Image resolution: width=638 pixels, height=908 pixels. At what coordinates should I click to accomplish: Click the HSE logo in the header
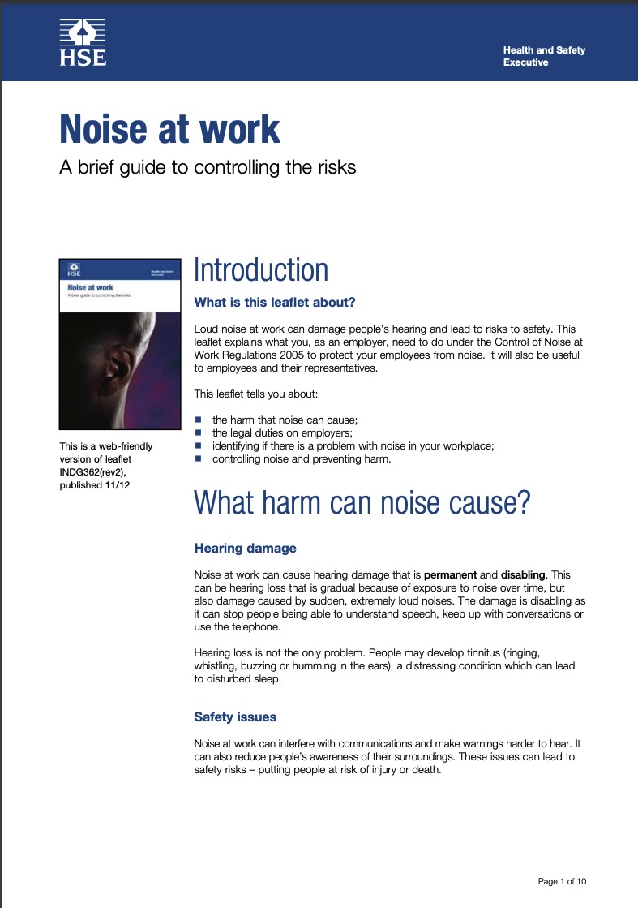[x=82, y=43]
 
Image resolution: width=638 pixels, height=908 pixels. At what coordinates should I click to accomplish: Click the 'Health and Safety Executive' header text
[x=544, y=56]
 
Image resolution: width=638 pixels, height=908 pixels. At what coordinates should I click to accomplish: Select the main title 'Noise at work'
[x=169, y=129]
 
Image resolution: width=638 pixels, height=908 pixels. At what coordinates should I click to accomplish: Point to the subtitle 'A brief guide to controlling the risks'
[x=208, y=168]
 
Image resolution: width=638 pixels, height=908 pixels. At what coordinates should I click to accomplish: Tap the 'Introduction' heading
[x=261, y=270]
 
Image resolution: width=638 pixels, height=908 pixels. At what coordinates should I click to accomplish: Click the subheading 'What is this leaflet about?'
[x=275, y=303]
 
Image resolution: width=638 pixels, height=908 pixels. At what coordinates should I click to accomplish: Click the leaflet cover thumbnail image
[x=119, y=344]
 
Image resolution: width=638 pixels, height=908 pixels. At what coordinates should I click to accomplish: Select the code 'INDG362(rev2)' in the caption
[x=93, y=474]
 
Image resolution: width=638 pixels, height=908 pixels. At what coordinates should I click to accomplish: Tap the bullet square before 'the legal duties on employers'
[x=198, y=432]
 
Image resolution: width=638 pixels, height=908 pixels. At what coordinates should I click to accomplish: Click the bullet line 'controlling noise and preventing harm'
[x=302, y=458]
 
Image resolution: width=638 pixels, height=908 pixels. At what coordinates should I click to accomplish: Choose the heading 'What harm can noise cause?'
[x=362, y=503]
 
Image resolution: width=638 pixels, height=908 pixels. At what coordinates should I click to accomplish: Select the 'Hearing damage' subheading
[x=245, y=548]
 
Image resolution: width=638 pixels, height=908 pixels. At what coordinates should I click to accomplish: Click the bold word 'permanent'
[x=451, y=574]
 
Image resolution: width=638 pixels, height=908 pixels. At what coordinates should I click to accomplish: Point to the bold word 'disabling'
[x=524, y=574]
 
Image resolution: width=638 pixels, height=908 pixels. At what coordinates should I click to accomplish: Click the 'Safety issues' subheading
[x=235, y=717]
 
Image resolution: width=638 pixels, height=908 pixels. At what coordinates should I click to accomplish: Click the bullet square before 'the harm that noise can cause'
[x=198, y=420]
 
